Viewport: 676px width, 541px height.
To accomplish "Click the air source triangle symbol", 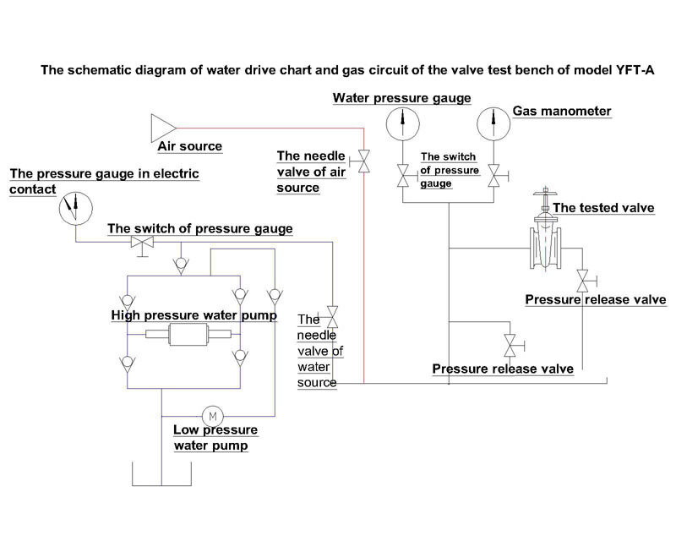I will pyautogui.click(x=161, y=128).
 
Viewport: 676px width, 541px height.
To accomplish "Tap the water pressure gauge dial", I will pyautogui.click(x=402, y=123).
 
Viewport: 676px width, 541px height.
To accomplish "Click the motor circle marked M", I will pyautogui.click(x=212, y=415).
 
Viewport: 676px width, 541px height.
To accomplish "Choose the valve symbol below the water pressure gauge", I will pyautogui.click(x=402, y=176).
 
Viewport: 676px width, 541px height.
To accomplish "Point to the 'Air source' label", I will pyautogui.click(x=190, y=146).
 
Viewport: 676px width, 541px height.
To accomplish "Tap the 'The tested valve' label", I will pyautogui.click(x=602, y=208).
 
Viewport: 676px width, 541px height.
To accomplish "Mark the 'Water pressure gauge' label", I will pyautogui.click(x=401, y=98).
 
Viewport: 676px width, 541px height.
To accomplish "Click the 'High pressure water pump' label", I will pyautogui.click(x=194, y=315).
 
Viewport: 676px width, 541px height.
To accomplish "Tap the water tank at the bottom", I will pyautogui.click(x=161, y=473).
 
